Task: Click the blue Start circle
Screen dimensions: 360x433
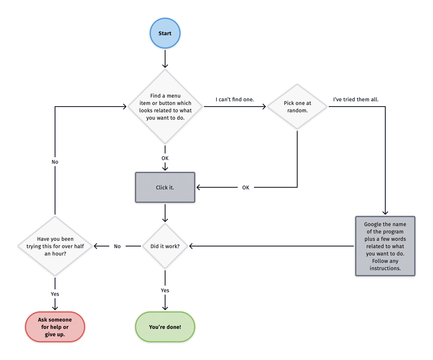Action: click(x=165, y=33)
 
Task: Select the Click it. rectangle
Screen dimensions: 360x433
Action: click(x=165, y=188)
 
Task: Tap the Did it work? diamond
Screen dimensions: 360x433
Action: click(x=165, y=246)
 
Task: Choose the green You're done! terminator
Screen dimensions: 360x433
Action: click(x=165, y=327)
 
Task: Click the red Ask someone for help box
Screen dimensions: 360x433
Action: click(x=55, y=327)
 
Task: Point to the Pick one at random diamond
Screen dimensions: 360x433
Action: click(x=297, y=107)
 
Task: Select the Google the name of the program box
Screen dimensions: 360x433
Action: click(x=385, y=246)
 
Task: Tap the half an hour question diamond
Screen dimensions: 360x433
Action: click(x=55, y=246)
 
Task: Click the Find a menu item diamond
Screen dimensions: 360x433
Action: click(x=165, y=107)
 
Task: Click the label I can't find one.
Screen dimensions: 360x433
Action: click(x=235, y=100)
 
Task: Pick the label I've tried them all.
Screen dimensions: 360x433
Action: click(x=355, y=100)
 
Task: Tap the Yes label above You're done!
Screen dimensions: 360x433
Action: click(x=165, y=290)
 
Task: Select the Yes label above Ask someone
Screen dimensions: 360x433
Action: click(x=55, y=294)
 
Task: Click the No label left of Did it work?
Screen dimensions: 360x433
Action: click(x=117, y=246)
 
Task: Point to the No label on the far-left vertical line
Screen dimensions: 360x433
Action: click(x=55, y=162)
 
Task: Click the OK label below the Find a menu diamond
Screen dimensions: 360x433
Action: click(x=165, y=158)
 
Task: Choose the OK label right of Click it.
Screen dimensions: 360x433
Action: click(x=246, y=188)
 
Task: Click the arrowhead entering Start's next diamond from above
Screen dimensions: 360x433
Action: click(x=165, y=66)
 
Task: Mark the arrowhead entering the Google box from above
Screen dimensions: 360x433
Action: click(x=385, y=213)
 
